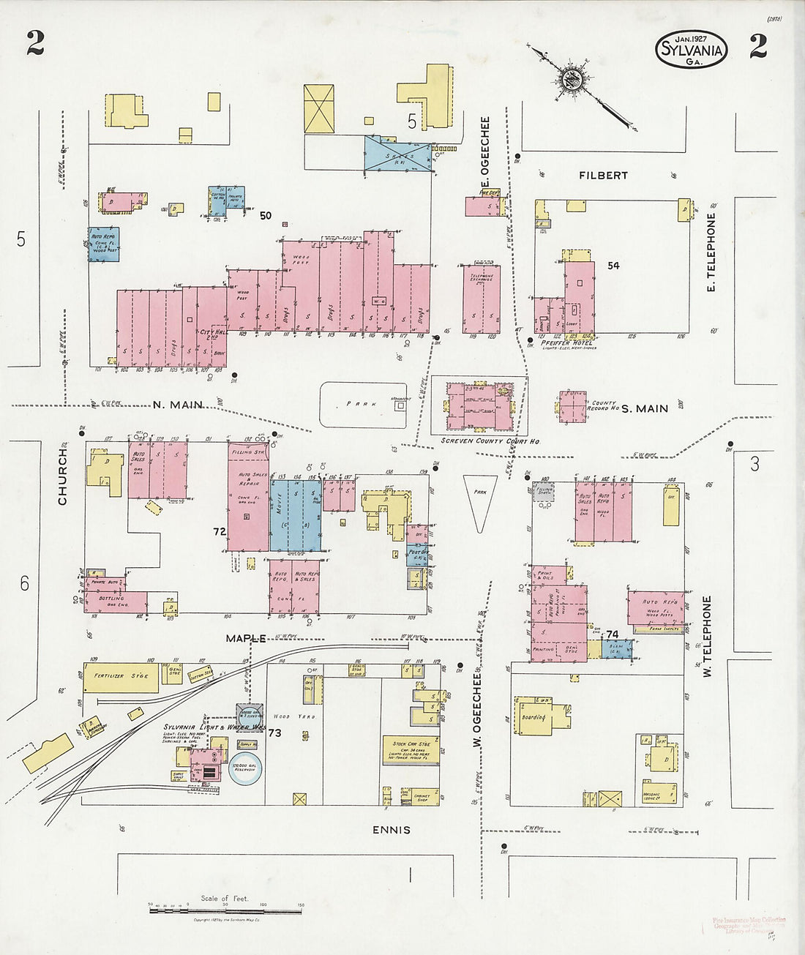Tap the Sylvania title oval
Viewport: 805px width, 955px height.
[692, 49]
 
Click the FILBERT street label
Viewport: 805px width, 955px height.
[603, 176]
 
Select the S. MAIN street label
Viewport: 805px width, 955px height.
[645, 408]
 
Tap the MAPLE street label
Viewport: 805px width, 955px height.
[245, 638]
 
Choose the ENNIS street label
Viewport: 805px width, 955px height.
[390, 830]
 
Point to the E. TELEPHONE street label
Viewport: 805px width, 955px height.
[711, 252]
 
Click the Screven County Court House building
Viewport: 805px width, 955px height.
[479, 405]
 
